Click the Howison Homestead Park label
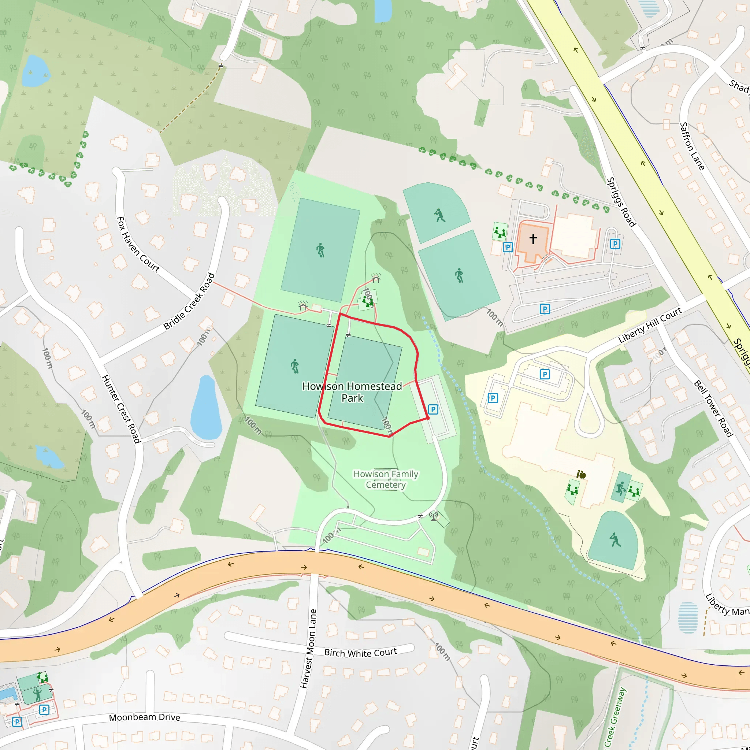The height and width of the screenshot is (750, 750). [x=352, y=392]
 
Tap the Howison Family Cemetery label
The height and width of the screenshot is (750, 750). [x=386, y=479]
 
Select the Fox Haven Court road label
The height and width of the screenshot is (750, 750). [x=138, y=245]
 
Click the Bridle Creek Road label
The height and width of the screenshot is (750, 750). [x=189, y=302]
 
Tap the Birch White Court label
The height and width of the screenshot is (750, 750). [x=360, y=653]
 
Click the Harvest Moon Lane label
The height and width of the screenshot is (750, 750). [x=308, y=649]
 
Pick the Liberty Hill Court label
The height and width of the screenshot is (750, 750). [x=650, y=325]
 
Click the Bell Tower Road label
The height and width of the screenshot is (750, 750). [x=713, y=409]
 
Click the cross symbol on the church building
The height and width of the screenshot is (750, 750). [x=533, y=239]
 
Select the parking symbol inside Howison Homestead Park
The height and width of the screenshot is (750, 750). [x=433, y=409]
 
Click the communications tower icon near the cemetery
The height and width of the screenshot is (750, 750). [x=434, y=516]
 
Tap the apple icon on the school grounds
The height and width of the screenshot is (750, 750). [x=581, y=474]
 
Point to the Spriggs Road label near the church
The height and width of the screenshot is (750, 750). [x=621, y=202]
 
